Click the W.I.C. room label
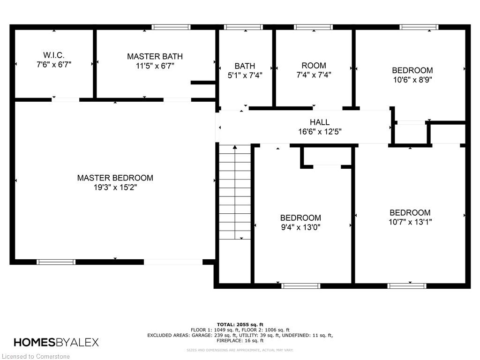[x=54, y=55]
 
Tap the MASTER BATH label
[x=155, y=56]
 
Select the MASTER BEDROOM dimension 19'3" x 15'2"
[x=115, y=187]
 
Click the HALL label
[x=320, y=122]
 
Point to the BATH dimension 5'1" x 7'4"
[x=245, y=75]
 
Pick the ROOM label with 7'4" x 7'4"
[x=314, y=66]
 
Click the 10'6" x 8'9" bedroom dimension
[x=412, y=80]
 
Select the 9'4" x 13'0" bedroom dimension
[x=300, y=227]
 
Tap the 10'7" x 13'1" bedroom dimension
[x=410, y=222]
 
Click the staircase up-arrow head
[x=235, y=147]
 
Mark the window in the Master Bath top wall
[x=171, y=27]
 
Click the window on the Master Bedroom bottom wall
[x=56, y=262]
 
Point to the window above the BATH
[x=243, y=27]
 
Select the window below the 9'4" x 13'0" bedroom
[x=300, y=286]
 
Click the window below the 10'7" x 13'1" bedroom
[x=407, y=286]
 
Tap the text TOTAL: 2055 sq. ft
[x=240, y=324]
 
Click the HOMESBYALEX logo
[x=56, y=342]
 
